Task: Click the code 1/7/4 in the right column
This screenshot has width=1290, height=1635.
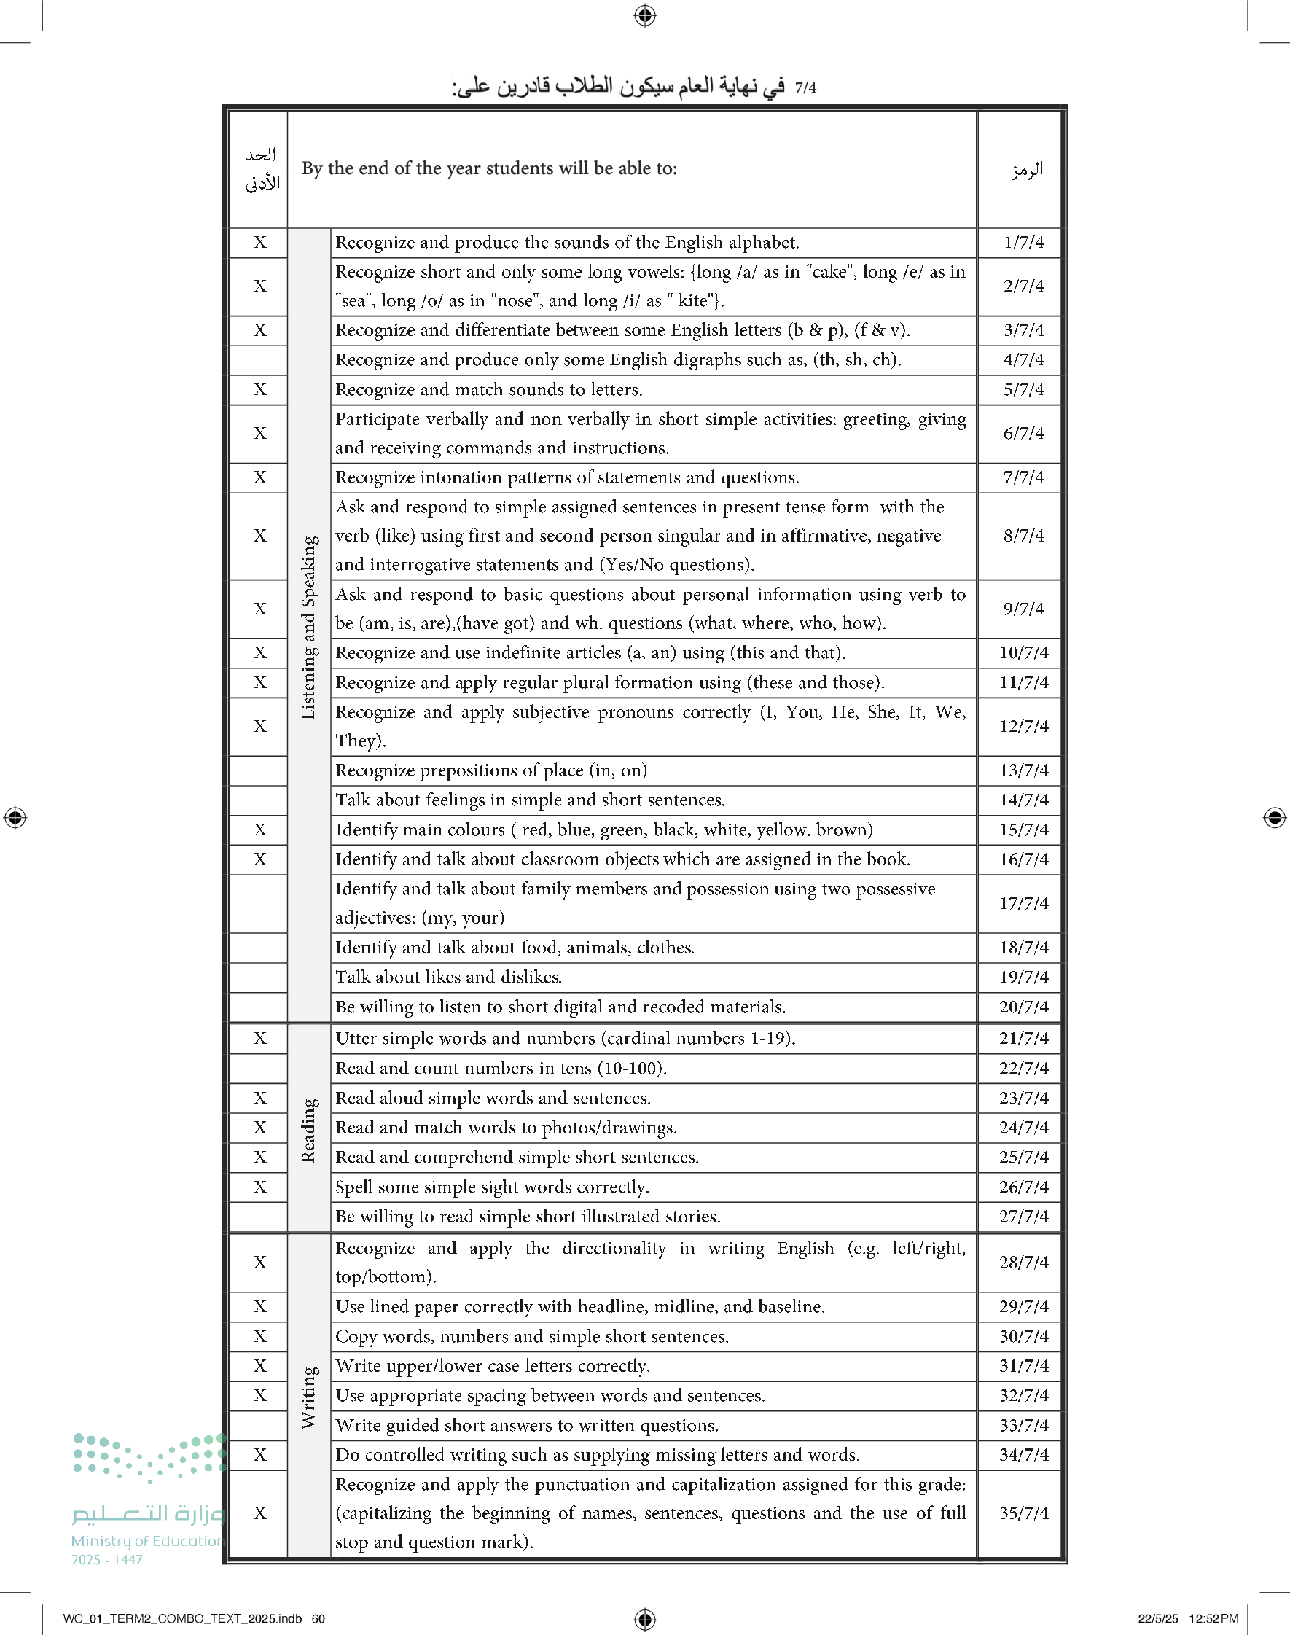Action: (x=1023, y=243)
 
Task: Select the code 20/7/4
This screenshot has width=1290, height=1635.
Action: (x=1023, y=1007)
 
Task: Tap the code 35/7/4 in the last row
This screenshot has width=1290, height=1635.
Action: (x=1023, y=1513)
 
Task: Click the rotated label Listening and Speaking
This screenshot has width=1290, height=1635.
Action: (x=309, y=627)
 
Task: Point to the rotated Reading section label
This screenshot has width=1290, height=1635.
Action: (x=309, y=1130)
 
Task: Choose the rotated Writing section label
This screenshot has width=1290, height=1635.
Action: (x=309, y=1397)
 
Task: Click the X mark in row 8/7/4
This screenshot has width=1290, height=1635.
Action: (x=259, y=536)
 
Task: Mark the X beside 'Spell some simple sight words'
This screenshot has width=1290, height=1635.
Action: (x=259, y=1187)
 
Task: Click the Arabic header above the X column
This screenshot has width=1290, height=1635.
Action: (x=262, y=168)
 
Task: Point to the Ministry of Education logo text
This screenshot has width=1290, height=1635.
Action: (x=148, y=1540)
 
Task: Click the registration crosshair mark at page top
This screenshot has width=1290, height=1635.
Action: (x=645, y=15)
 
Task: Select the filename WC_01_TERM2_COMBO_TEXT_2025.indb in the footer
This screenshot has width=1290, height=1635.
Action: (x=182, y=1618)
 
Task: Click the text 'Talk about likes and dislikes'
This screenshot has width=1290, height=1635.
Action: (x=448, y=978)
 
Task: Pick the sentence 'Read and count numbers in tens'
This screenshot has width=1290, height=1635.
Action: (x=501, y=1068)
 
